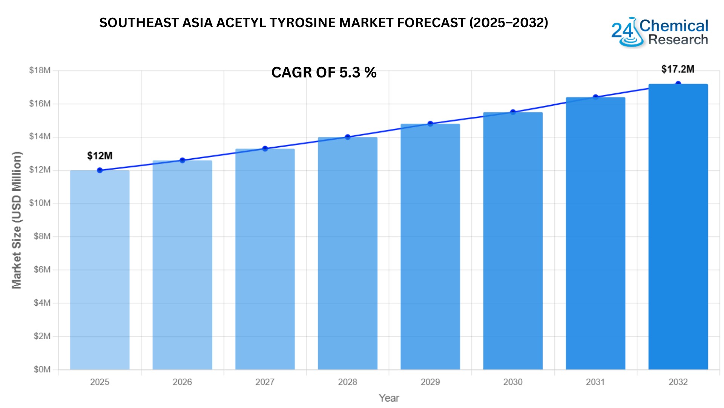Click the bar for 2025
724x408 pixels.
coord(100,270)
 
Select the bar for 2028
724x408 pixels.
coord(347,253)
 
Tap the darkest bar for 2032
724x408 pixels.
coord(678,227)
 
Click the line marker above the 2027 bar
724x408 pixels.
coord(265,149)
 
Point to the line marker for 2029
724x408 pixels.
coord(430,124)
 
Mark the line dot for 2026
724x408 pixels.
coord(183,161)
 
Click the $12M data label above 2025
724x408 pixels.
coord(100,156)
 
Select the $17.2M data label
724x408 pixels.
coord(678,69)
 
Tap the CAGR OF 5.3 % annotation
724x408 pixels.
coord(324,73)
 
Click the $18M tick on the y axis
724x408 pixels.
coord(40,70)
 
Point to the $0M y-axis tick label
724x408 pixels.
coord(42,369)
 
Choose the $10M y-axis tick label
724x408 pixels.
coord(40,203)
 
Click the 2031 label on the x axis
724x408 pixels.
coord(595,382)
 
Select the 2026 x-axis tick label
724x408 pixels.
coord(183,382)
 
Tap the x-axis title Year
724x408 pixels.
coord(389,398)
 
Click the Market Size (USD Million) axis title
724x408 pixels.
coord(17,220)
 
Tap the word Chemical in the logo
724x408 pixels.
coord(674,26)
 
